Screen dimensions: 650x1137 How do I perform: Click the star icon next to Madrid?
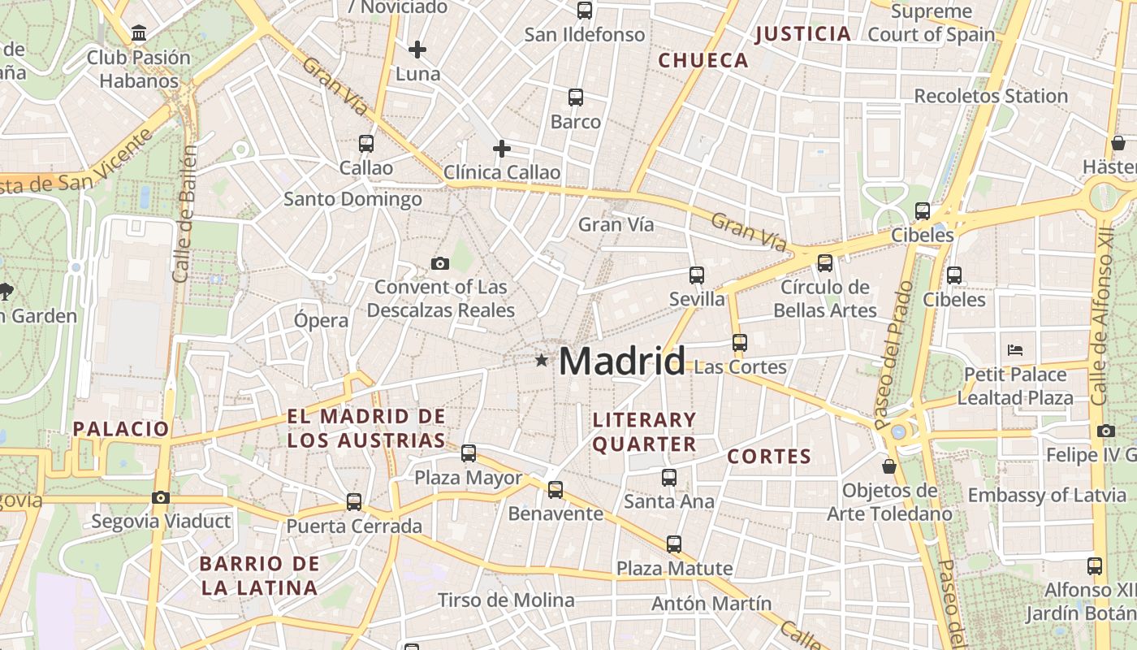coord(542,360)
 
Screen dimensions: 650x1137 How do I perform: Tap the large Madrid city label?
coord(622,361)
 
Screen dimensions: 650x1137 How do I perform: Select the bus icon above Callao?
coord(366,144)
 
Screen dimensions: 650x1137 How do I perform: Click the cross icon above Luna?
coord(417,50)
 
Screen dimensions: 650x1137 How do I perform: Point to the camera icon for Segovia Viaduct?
coord(161,497)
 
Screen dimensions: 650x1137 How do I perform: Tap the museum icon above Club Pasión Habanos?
coord(139,33)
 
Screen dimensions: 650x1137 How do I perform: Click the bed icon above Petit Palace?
coord(1014,350)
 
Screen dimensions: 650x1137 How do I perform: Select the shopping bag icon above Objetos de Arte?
coord(889,466)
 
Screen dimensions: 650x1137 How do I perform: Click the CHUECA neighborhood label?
coord(703,60)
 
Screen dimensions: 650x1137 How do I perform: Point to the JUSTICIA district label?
coord(803,34)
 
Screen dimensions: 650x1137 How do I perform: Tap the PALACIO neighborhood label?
coord(121,429)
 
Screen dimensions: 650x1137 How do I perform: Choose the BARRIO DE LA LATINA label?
coord(259,575)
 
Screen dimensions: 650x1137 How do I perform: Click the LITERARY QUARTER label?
coord(645,431)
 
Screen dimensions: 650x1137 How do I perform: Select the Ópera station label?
coord(322,320)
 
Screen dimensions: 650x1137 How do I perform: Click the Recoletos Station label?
coord(991,96)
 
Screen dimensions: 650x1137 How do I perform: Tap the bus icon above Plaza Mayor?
coord(469,453)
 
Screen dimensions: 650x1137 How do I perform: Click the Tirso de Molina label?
coord(506,600)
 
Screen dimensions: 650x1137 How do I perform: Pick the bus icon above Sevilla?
coord(697,275)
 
